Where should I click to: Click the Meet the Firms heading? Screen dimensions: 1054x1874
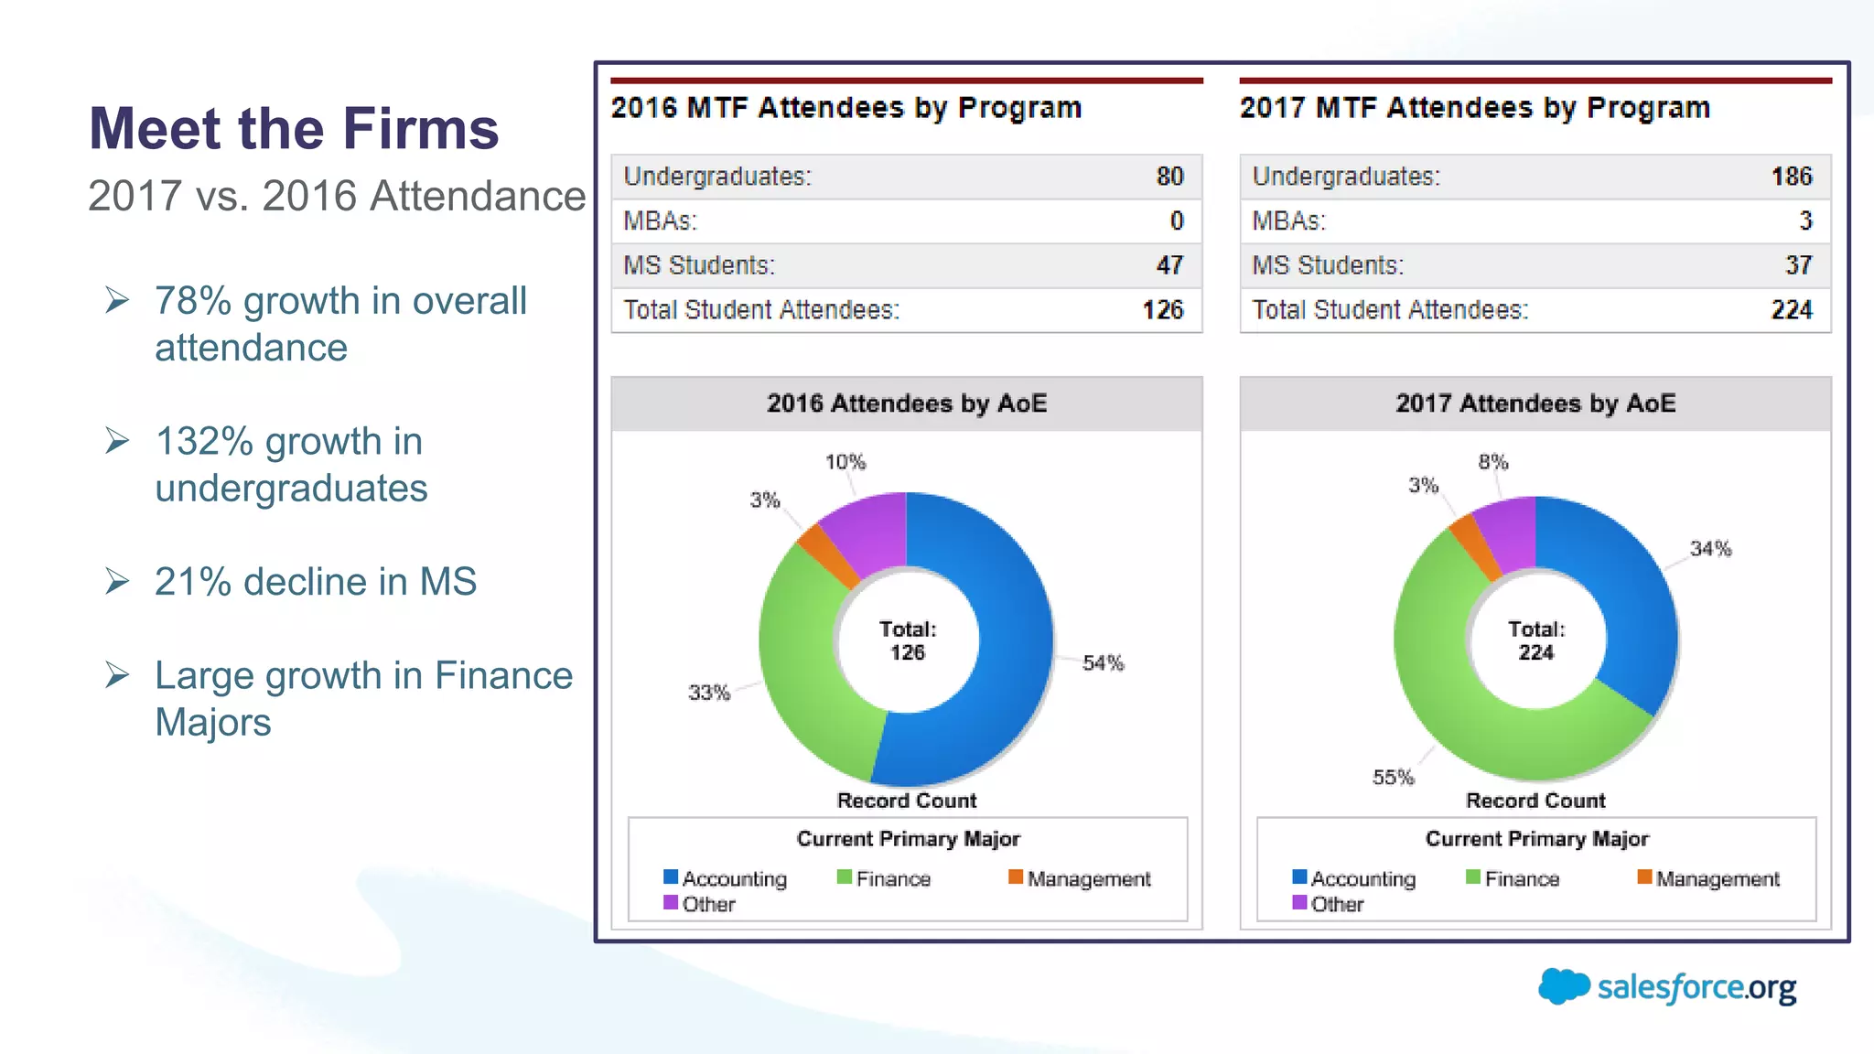pos(293,128)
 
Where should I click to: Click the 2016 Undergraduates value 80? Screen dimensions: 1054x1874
pos(1169,177)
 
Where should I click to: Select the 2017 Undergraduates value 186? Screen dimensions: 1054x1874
pos(1791,177)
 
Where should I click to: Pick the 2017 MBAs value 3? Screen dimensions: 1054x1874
pos(1804,220)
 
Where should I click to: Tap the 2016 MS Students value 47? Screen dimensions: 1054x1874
pos(1169,265)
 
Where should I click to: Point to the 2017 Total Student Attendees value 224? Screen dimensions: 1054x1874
pos(1791,310)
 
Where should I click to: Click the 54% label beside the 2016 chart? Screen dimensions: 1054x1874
pos(1103,663)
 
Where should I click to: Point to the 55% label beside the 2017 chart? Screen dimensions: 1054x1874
pos(1393,778)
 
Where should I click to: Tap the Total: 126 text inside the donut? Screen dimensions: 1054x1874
pos(907,640)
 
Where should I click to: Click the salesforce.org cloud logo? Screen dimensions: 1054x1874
pos(1563,986)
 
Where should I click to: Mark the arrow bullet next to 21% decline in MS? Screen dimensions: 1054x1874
pos(117,581)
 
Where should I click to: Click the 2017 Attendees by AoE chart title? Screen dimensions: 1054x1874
pos(1535,403)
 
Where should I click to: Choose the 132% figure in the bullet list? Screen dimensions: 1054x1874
pos(203,442)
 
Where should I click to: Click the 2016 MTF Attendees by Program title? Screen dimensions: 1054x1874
pos(846,108)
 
